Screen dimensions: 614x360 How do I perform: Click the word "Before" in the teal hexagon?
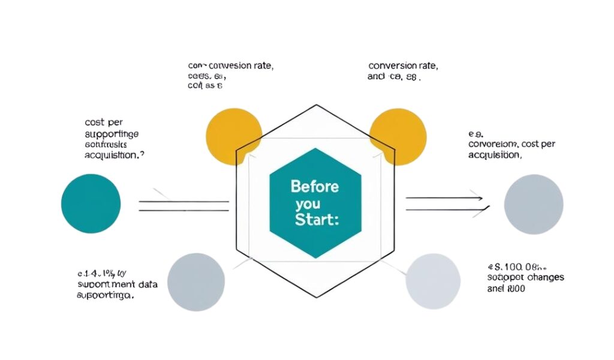(x=315, y=187)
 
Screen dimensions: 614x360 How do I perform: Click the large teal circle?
(x=91, y=203)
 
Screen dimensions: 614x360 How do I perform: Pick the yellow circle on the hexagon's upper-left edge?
(x=234, y=136)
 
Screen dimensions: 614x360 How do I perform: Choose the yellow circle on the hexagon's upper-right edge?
(x=398, y=136)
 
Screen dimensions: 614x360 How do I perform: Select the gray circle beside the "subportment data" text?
(x=196, y=281)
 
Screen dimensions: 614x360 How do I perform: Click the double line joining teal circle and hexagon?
(x=183, y=206)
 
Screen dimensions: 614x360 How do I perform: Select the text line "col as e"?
(x=205, y=86)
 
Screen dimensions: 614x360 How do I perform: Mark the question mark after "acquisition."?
(x=142, y=155)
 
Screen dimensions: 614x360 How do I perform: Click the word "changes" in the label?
(x=544, y=278)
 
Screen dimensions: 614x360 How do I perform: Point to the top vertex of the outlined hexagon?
(x=316, y=105)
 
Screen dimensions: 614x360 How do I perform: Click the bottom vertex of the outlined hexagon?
(x=316, y=298)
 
